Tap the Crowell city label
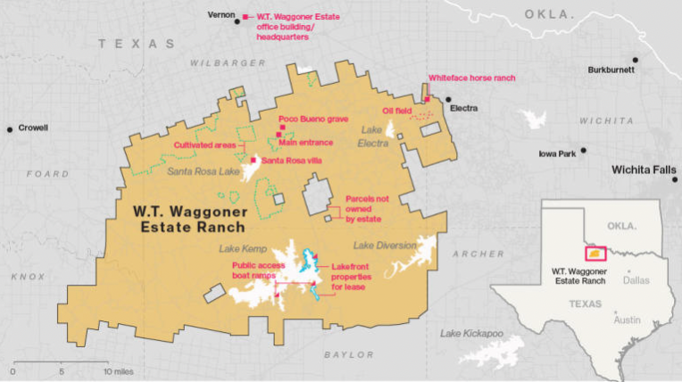pyautogui.click(x=32, y=128)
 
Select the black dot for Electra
pyautogui.click(x=448, y=100)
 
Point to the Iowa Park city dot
pyautogui.click(x=584, y=151)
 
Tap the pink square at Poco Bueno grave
pyautogui.click(x=280, y=128)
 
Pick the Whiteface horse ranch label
pyautogui.click(x=472, y=79)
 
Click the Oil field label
pyautogui.click(x=398, y=111)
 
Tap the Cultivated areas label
pyautogui.click(x=204, y=145)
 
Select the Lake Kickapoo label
pyautogui.click(x=471, y=333)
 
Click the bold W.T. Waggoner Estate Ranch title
pyautogui.click(x=188, y=219)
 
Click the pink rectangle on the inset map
pyautogui.click(x=595, y=253)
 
